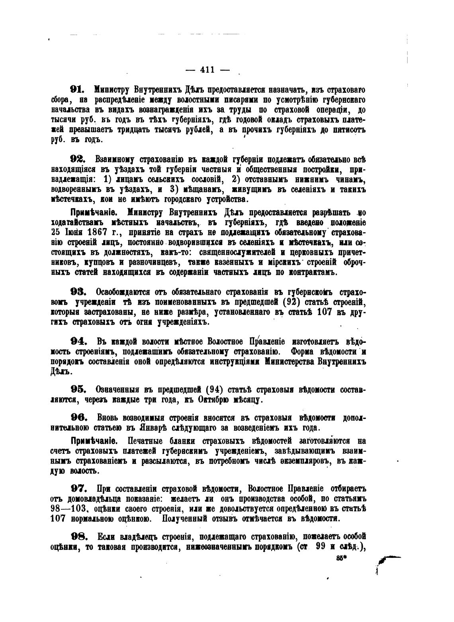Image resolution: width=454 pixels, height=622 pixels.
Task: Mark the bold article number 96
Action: pos(77,417)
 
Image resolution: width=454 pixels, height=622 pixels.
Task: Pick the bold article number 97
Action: pos(77,488)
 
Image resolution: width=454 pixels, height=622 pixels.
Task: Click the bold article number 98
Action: pos(77,536)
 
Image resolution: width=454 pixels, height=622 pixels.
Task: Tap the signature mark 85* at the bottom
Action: pos(342,558)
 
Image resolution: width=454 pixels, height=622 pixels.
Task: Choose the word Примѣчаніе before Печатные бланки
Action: pos(93,441)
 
